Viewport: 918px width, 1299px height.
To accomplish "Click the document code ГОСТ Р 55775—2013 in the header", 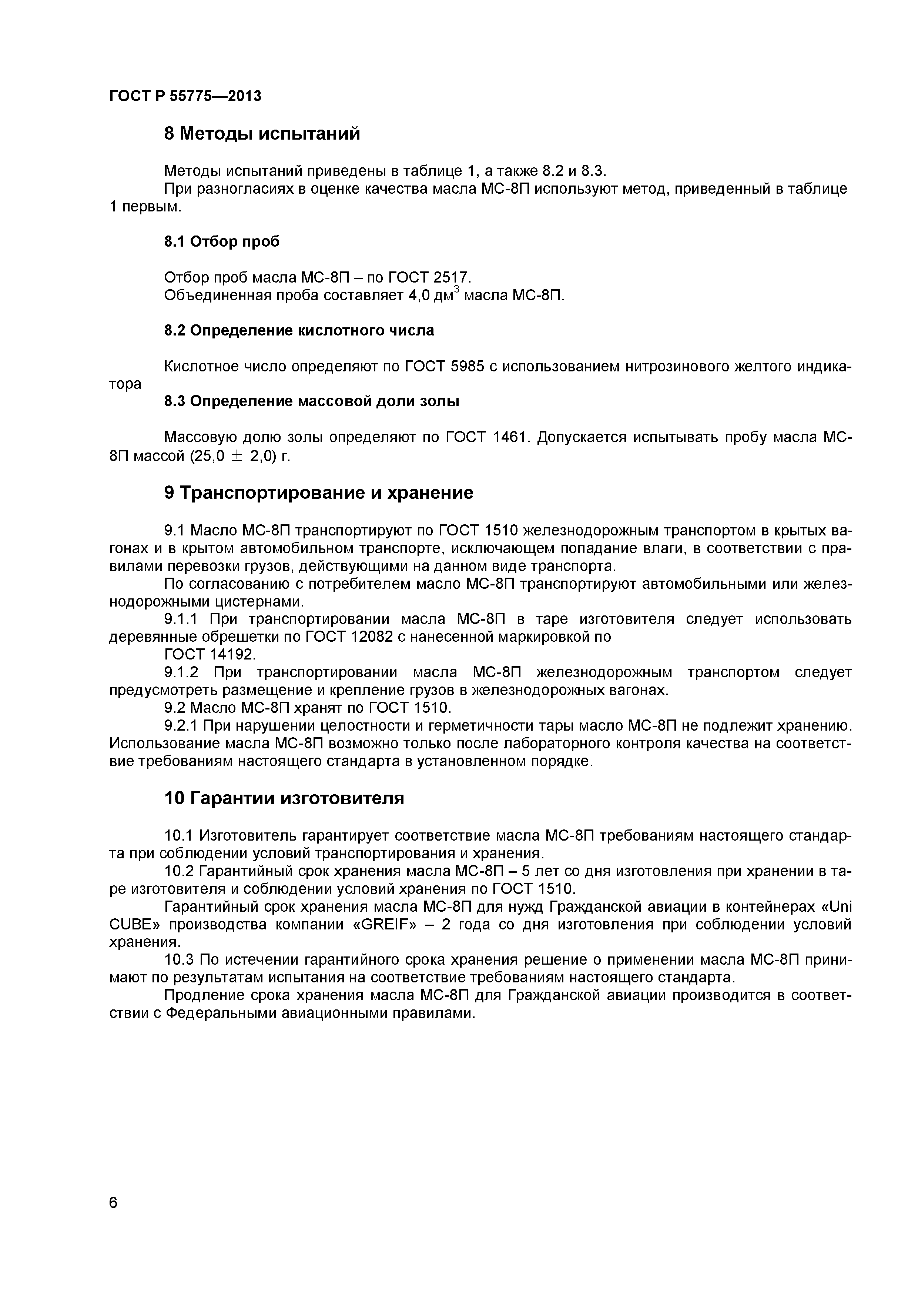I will point(185,96).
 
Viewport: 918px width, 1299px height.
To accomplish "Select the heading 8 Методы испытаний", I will point(262,134).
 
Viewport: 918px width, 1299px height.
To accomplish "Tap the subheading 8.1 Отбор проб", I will point(222,241).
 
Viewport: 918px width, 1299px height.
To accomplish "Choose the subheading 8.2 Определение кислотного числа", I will point(299,330).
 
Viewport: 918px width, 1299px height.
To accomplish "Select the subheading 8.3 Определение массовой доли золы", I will point(311,401).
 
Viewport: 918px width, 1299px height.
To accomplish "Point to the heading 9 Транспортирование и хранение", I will point(318,493).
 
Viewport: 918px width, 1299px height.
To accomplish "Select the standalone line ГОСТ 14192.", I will point(210,654).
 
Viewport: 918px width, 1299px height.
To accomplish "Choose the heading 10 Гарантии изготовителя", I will point(284,798).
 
